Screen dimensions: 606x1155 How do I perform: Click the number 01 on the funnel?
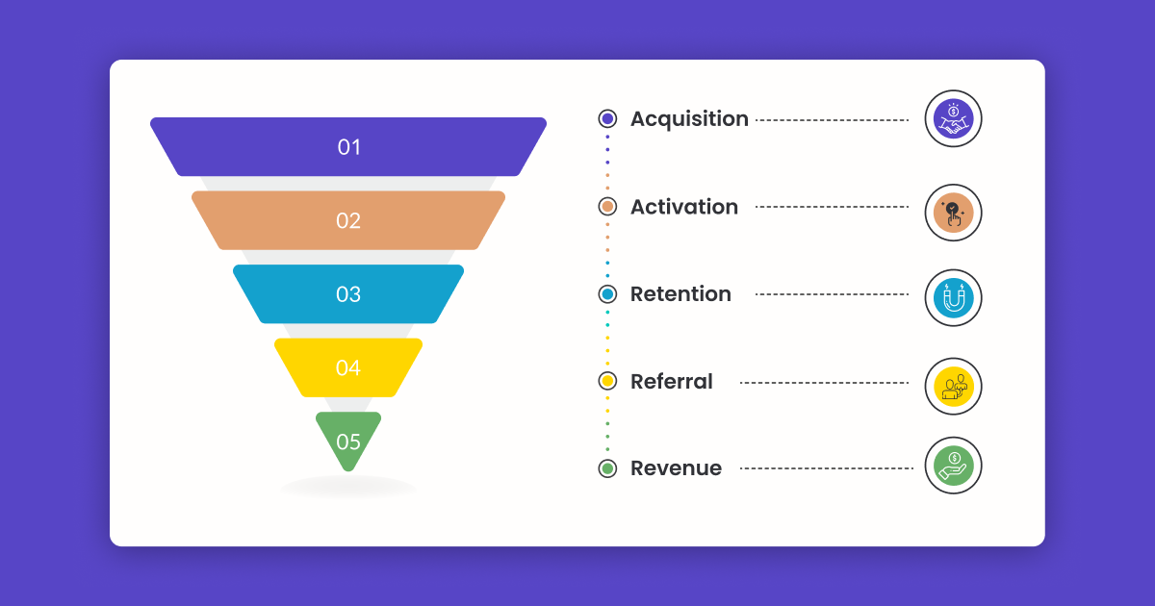point(348,147)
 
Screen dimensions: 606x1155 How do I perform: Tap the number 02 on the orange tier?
point(348,220)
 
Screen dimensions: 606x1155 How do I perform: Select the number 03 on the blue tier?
point(348,294)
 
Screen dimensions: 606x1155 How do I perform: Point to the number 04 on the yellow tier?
point(348,367)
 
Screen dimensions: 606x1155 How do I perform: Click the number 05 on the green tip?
point(348,442)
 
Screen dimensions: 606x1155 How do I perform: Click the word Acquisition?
point(689,119)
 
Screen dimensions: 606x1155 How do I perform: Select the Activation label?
point(684,207)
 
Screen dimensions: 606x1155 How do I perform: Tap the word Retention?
point(680,294)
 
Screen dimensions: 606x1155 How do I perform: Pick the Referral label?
point(672,382)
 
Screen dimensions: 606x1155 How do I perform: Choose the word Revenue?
point(676,468)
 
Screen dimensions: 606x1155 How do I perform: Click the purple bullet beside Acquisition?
point(607,118)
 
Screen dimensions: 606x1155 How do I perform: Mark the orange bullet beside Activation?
point(607,207)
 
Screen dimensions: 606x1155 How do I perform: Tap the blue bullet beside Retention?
point(607,293)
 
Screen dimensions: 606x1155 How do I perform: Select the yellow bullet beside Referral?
point(607,381)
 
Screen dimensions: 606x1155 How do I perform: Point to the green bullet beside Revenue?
point(607,468)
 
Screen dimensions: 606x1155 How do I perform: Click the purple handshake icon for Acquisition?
point(953,119)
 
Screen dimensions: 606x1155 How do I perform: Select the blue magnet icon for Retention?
point(953,298)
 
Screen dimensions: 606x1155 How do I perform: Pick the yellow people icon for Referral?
point(953,387)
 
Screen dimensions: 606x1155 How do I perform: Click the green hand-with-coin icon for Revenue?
point(953,466)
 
